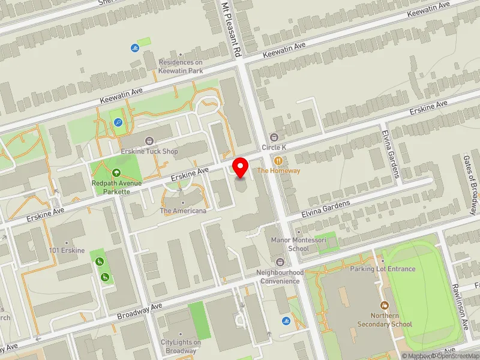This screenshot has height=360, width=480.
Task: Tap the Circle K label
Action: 274,147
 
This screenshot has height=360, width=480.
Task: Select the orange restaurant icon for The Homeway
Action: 278,160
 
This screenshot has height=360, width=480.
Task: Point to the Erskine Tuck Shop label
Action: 149,151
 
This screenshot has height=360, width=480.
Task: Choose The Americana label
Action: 183,211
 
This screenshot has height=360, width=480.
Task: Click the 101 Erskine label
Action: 67,250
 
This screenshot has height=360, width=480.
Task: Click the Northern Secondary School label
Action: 385,320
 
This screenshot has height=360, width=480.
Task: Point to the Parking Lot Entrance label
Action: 383,269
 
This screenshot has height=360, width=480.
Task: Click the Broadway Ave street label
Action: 140,311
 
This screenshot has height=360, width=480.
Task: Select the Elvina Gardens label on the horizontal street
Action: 325,207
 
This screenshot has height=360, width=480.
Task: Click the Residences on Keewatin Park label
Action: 181,66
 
